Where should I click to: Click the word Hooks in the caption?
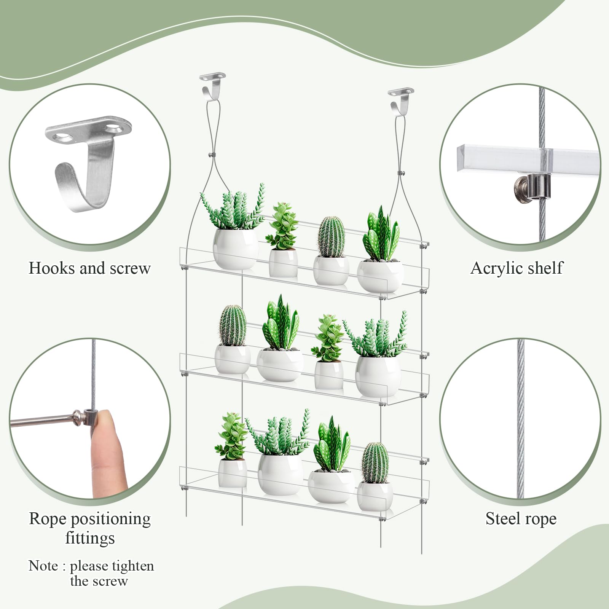(x=52, y=268)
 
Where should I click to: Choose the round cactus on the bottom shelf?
(x=375, y=462)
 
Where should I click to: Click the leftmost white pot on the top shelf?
(x=235, y=248)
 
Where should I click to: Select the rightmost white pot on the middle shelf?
(x=378, y=376)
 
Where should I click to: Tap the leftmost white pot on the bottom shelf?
(x=233, y=473)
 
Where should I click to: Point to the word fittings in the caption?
(x=90, y=539)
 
